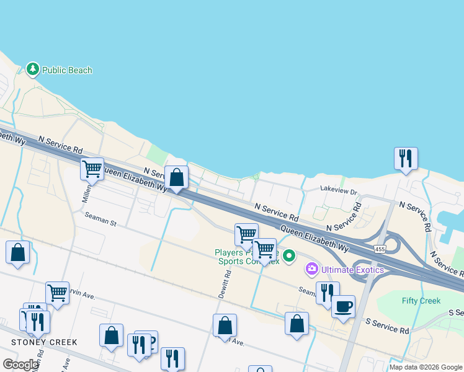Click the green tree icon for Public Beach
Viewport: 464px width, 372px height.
coord(33,70)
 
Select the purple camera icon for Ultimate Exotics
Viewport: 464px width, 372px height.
coord(311,269)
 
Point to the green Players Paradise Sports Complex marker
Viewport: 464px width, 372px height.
coord(289,255)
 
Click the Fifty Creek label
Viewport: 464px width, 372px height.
coord(421,301)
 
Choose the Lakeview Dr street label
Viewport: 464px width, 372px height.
coord(339,193)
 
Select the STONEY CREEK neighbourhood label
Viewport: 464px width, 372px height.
coord(44,342)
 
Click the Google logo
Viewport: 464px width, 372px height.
coord(20,365)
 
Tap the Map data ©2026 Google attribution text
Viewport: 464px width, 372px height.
coord(426,367)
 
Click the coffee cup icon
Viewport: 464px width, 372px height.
coord(343,306)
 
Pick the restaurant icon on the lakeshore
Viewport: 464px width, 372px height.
coord(406,158)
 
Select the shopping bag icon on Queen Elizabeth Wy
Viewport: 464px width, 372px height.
coord(177,177)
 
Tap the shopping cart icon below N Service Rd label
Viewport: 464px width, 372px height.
coord(92,168)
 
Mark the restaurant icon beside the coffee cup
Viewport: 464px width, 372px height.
coord(327,292)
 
